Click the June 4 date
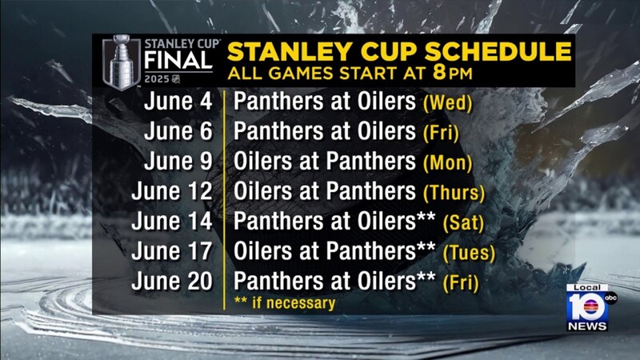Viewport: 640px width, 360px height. pos(178,102)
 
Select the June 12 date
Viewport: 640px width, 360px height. pos(172,191)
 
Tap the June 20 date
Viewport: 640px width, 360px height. pos(172,281)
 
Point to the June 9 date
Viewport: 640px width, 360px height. pos(178,161)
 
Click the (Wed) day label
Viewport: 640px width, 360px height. pos(448,103)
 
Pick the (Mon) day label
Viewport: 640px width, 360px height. pos(448,162)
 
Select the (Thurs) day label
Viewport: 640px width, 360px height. pos(454,193)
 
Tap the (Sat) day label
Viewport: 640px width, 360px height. pos(463,223)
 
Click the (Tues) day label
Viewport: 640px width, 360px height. pos(469,253)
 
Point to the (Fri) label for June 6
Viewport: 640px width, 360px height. pos(441,133)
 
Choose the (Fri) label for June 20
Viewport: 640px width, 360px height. pos(461,283)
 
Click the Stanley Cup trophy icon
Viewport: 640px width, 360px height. pos(122,62)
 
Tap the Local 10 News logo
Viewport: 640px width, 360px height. pos(590,307)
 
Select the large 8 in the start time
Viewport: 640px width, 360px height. pos(439,73)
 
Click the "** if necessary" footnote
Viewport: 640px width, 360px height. pos(285,303)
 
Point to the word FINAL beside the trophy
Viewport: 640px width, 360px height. pos(178,61)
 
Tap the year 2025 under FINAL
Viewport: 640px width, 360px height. pos(157,78)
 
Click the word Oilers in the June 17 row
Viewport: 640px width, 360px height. pos(262,250)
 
